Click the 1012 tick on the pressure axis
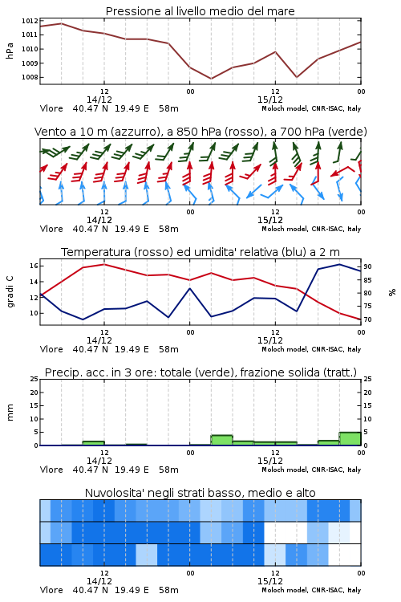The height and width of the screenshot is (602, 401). coord(30,21)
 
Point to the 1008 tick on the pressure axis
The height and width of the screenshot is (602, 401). coord(30,77)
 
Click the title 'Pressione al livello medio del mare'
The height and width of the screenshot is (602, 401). coord(200,11)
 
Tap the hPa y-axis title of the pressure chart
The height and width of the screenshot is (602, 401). coord(10,51)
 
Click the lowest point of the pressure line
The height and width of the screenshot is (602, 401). coord(211,79)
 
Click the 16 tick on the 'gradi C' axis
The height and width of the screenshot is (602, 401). coord(34,266)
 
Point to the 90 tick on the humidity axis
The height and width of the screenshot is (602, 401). coord(367,266)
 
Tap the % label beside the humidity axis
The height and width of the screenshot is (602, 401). coord(392,292)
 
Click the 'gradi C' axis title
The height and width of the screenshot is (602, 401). coord(10,292)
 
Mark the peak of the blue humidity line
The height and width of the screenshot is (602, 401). coord(339,264)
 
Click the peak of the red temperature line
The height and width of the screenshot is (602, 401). coord(104,264)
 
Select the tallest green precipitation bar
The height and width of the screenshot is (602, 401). coord(350,439)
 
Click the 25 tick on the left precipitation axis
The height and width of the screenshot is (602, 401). coord(34,379)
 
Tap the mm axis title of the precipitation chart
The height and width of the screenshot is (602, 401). coord(10,413)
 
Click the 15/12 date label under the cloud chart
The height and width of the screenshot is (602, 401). coord(270,581)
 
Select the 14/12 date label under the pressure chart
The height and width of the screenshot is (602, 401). coord(99,100)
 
